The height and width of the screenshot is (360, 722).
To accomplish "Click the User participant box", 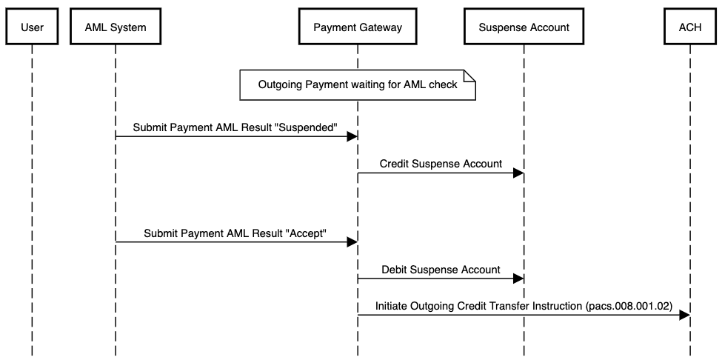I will tap(32, 27).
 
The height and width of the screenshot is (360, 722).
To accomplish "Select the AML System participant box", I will tap(116, 27).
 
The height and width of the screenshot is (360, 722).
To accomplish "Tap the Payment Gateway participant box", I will tap(358, 27).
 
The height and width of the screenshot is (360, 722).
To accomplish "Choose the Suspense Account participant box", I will tap(524, 27).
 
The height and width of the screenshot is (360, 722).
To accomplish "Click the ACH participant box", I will tap(690, 27).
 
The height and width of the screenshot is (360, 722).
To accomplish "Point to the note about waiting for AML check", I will tap(357, 85).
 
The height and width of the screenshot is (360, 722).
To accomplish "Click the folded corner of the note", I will tap(469, 75).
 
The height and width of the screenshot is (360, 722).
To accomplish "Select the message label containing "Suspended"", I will tap(235, 127).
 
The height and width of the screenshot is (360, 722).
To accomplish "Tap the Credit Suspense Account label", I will tap(441, 164).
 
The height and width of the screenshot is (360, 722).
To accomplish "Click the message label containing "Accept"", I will tap(235, 232).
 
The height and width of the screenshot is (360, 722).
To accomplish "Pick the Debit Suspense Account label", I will tap(441, 269).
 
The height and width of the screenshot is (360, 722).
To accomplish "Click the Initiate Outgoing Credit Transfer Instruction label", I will tap(523, 305).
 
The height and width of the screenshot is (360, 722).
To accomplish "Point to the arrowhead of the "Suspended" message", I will tap(352, 136).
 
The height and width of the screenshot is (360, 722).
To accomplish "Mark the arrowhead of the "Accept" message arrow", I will tap(352, 241).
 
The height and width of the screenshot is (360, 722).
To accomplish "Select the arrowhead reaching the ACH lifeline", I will tap(685, 315).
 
